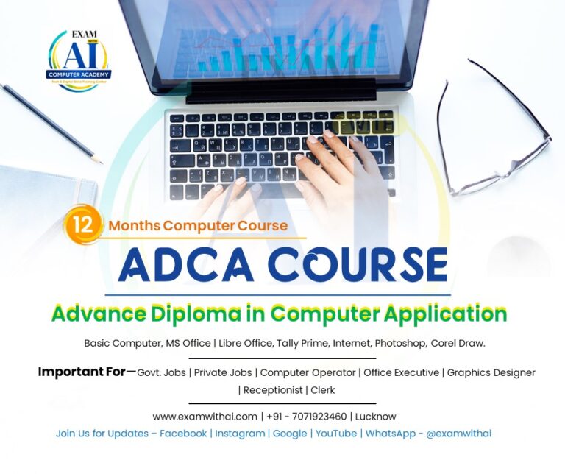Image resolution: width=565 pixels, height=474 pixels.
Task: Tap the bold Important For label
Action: (82, 372)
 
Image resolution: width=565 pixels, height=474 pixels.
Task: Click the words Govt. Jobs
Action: (161, 373)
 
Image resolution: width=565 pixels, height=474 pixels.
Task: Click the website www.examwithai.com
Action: (205, 417)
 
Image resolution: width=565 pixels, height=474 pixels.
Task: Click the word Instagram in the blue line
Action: (240, 434)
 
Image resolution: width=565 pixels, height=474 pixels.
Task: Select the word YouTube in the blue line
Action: (336, 434)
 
